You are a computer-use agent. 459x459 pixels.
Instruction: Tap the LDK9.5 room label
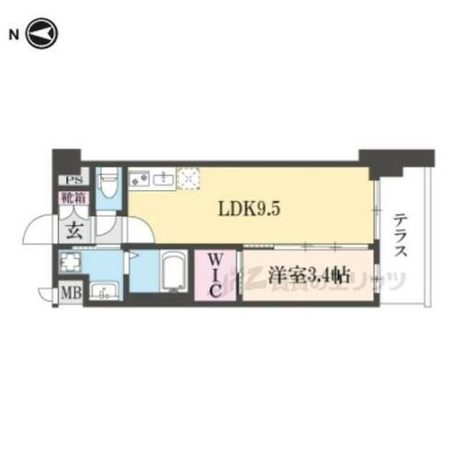tap(248, 208)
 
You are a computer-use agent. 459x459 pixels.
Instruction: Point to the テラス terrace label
tap(401, 236)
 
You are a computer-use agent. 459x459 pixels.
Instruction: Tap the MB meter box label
tap(69, 295)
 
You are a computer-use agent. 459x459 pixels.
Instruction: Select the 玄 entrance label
tap(73, 229)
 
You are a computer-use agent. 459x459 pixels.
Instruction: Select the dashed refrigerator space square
tap(190, 177)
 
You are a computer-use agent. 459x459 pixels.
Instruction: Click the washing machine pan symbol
tap(72, 264)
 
